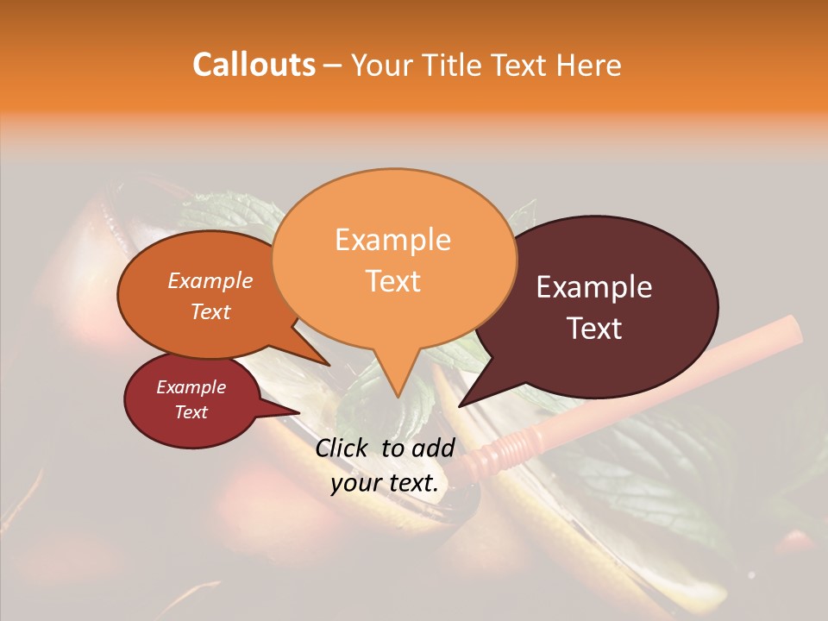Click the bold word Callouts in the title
point(254,65)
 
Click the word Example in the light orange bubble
point(392,240)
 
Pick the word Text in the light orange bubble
point(393,280)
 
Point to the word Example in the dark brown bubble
point(594,287)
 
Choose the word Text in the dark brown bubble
point(595,328)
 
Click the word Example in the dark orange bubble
point(210,280)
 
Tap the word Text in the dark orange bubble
point(210,311)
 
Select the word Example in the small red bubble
point(191,387)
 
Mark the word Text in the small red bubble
point(191,412)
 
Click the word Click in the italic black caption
point(344,448)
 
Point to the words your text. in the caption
point(385,483)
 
